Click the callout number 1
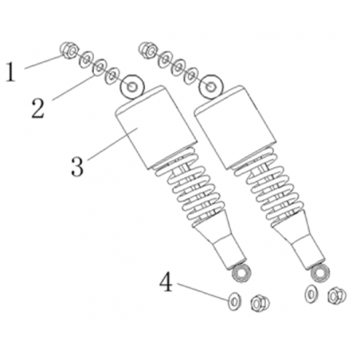click(10, 72)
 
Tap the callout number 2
click(37, 108)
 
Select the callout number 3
click(77, 166)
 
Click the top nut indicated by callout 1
click(70, 50)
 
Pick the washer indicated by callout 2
click(100, 67)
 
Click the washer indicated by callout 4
click(234, 301)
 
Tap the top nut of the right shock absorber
click(147, 49)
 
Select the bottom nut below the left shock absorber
click(260, 303)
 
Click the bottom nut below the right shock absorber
click(337, 295)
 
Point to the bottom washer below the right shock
click(311, 294)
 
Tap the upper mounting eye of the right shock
click(211, 87)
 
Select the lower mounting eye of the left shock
click(241, 273)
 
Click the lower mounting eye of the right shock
click(320, 274)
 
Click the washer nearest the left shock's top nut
click(86, 59)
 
